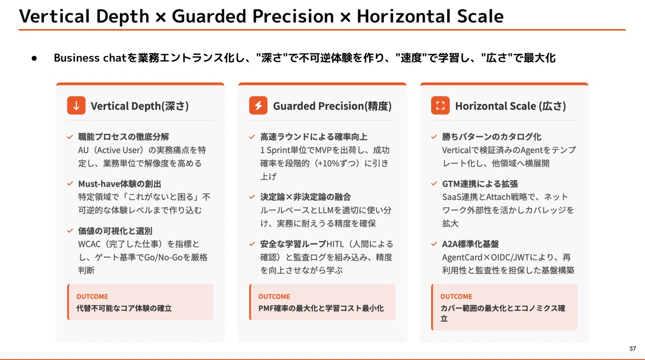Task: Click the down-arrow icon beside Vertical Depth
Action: (x=76, y=105)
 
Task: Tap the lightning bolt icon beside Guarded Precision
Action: (x=259, y=105)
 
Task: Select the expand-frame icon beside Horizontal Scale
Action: (x=440, y=105)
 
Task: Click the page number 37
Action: (x=632, y=349)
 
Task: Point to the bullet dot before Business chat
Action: (x=34, y=59)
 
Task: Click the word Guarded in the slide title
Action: (x=209, y=16)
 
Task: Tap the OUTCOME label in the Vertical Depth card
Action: (x=92, y=297)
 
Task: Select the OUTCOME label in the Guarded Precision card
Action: (x=274, y=297)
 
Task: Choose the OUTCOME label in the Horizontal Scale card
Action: (x=456, y=297)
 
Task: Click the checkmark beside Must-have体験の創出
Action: (x=70, y=184)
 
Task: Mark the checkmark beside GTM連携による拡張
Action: (x=434, y=184)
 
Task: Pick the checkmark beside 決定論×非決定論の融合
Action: (x=252, y=197)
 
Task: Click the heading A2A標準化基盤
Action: (x=470, y=244)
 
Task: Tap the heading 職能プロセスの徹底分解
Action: (x=124, y=136)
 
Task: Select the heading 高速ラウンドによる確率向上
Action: (x=314, y=136)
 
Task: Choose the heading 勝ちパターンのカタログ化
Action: (x=491, y=136)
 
